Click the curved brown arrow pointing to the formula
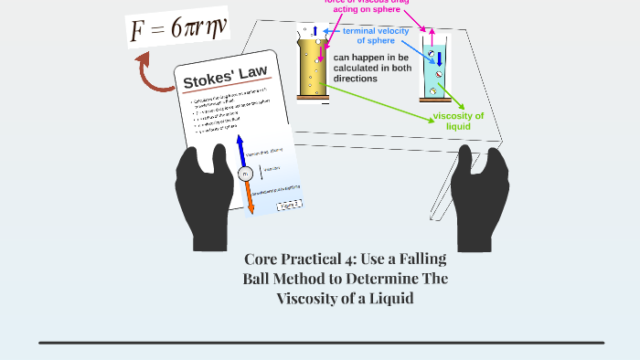[x=152, y=73]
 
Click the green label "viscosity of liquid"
[x=457, y=121]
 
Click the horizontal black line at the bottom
[x=321, y=343]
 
